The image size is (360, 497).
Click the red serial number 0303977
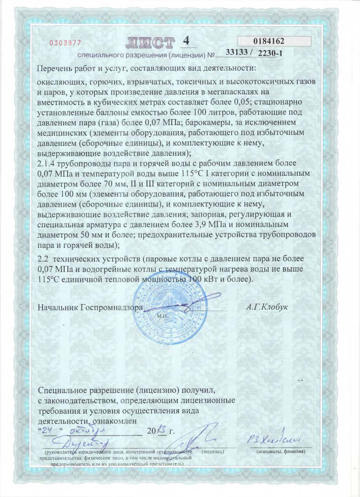(x=66, y=43)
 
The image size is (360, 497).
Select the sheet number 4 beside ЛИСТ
(x=186, y=41)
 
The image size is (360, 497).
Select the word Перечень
(x=57, y=69)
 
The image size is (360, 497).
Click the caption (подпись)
(x=213, y=451)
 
